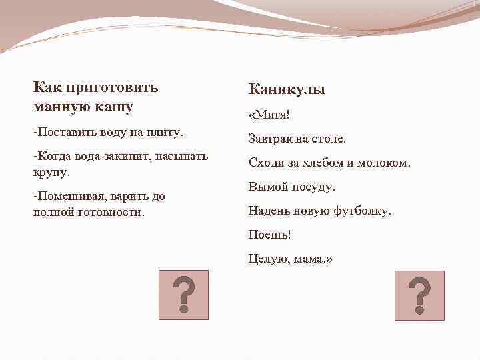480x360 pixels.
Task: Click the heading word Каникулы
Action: point(287,89)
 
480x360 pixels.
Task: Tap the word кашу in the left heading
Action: point(113,106)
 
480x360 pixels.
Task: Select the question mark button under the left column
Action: point(183,295)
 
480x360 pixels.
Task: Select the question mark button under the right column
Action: point(419,295)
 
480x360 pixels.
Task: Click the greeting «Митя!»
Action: point(269,115)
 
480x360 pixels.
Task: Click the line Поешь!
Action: point(269,235)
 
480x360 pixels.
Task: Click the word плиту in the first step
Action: point(165,132)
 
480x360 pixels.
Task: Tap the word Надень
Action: point(270,211)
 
